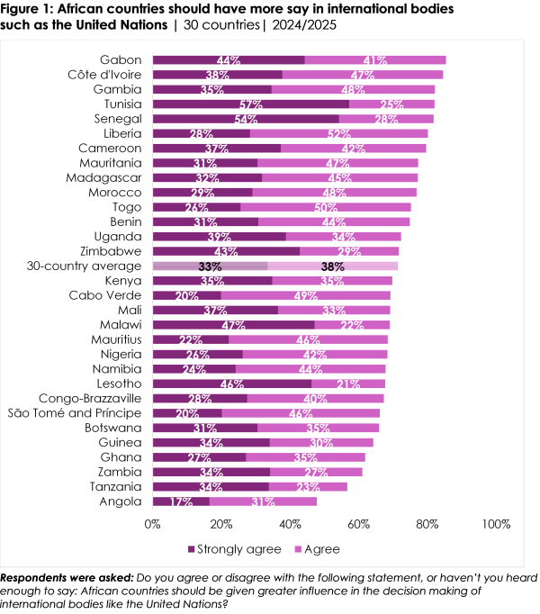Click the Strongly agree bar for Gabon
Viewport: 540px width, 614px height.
point(229,60)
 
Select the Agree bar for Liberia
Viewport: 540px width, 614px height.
point(339,133)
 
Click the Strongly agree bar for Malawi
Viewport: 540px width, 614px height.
point(233,325)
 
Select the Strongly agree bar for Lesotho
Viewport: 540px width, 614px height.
point(231,384)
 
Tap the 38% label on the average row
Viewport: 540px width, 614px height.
point(332,266)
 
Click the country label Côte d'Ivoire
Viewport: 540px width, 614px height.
point(104,75)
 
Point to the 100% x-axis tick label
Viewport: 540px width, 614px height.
point(495,523)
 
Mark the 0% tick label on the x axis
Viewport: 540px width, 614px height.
point(152,523)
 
